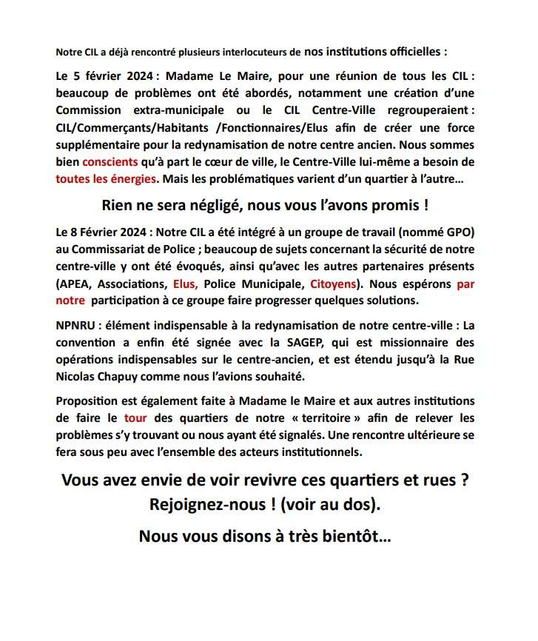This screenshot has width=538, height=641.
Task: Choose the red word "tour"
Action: point(135,418)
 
